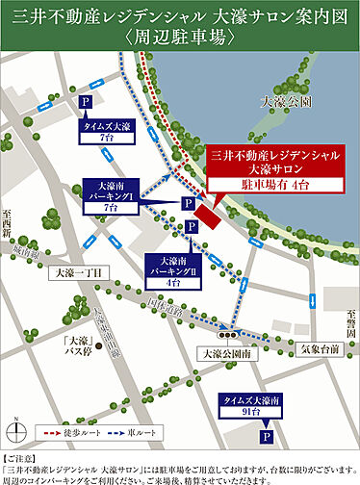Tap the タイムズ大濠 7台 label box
pos(108,131)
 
